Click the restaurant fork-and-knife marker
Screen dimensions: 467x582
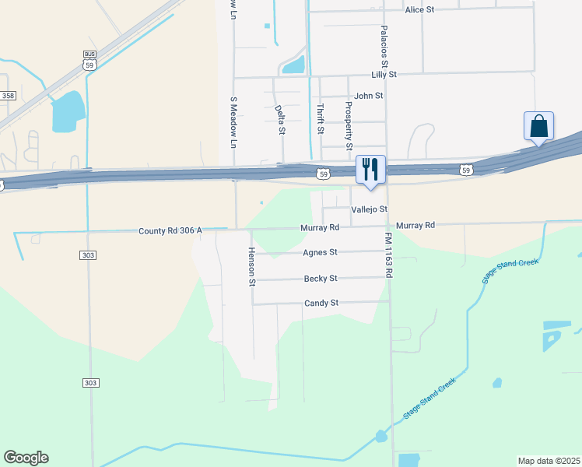(370, 170)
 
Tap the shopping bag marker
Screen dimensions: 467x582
(538, 127)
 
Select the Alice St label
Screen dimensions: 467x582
(419, 10)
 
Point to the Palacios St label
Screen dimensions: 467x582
(384, 44)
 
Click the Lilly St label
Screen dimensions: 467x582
(384, 75)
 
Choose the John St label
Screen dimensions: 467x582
(369, 96)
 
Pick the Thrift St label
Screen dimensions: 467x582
(319, 119)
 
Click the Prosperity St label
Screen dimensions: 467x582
(349, 125)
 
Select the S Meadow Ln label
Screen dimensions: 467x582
(232, 122)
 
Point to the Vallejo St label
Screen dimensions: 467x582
(369, 210)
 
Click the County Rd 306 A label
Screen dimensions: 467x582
(170, 231)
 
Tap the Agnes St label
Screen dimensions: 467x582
(320, 252)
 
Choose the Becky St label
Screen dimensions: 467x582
(321, 278)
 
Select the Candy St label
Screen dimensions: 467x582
(321, 303)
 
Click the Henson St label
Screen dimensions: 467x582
(252, 267)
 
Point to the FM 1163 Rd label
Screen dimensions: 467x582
(388, 254)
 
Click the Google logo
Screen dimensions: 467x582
(26, 458)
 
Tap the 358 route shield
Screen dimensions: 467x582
(9, 95)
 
